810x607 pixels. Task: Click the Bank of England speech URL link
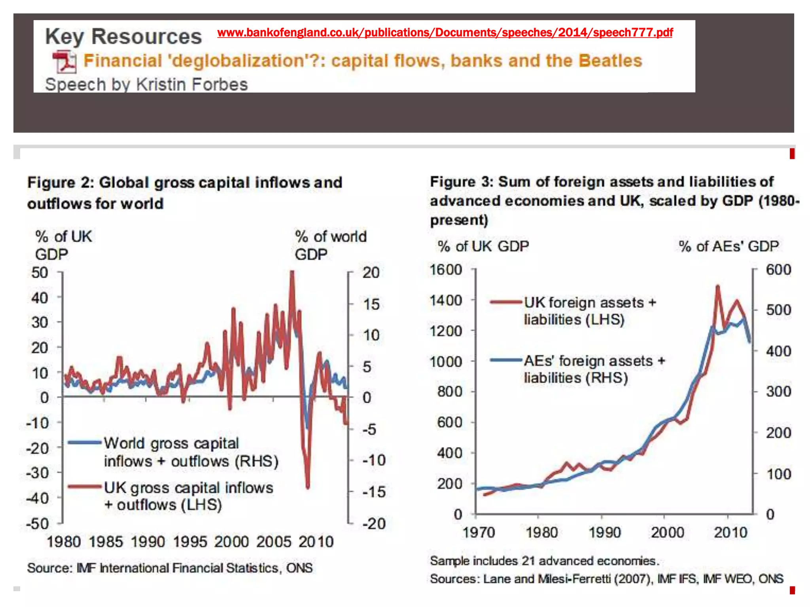coord(445,32)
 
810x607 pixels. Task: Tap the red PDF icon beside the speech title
coord(64,62)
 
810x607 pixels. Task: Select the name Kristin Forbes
coord(192,85)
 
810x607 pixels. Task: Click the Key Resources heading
coord(123,37)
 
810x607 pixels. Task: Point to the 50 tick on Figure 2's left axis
coord(40,273)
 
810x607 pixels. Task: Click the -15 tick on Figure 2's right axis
coord(373,492)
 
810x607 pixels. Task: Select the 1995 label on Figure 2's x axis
coord(189,542)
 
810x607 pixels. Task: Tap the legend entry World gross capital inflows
coord(171,443)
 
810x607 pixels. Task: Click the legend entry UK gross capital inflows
coord(188,488)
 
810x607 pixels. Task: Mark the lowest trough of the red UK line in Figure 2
coord(308,487)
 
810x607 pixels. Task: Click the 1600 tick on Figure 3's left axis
coord(446,270)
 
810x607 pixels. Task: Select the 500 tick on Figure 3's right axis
coord(778,310)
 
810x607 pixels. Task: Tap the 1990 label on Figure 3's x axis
coord(604,533)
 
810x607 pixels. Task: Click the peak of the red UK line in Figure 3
coord(717,286)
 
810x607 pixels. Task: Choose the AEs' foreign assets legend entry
coord(594,361)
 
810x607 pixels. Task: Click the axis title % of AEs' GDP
coord(729,246)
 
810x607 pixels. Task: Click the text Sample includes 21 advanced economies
coord(544,561)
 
